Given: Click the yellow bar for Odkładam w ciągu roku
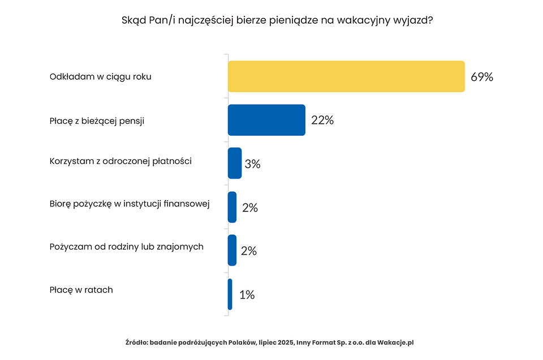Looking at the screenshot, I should pyautogui.click(x=346, y=76).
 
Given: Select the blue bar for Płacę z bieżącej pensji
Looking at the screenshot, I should pyautogui.click(x=266, y=120).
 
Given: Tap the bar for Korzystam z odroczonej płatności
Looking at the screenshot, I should pyautogui.click(x=235, y=163).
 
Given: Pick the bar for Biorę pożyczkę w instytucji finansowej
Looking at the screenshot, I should pyautogui.click(x=232, y=207).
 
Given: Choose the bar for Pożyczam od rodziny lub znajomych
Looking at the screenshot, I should pyautogui.click(x=232, y=250).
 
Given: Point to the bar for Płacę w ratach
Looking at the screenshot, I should pyautogui.click(x=230, y=294).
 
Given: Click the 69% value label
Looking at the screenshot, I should pyautogui.click(x=481, y=77).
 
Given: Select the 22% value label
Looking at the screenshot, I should pyautogui.click(x=322, y=120).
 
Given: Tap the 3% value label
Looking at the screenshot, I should pyautogui.click(x=252, y=164).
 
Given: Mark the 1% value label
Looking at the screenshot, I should pyautogui.click(x=247, y=295).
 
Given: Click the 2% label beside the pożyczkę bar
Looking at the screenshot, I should pyautogui.click(x=249, y=208).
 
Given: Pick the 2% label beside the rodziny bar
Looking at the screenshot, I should pyautogui.click(x=249, y=251).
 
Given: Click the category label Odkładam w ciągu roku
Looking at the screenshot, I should pyautogui.click(x=100, y=77).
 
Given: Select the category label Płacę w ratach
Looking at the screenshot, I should pyautogui.click(x=81, y=290).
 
